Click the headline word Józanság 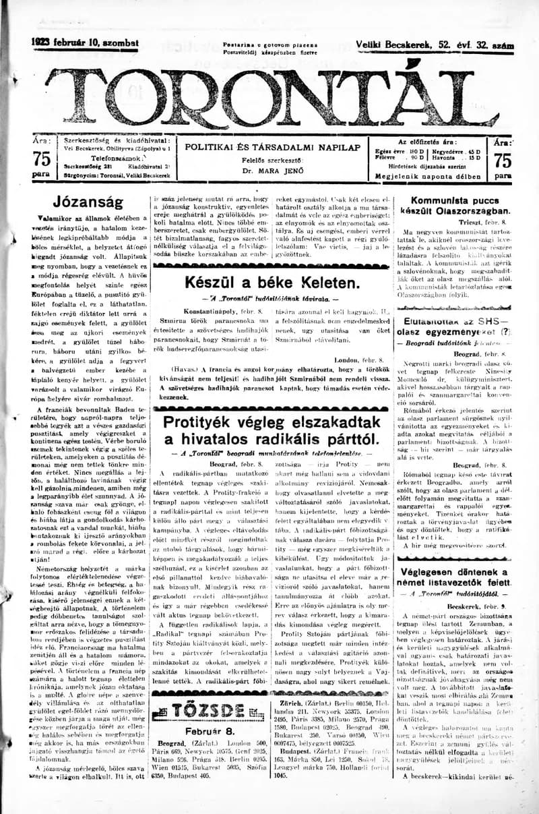(88, 202)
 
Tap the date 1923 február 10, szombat (85, 43)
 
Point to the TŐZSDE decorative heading (199, 710)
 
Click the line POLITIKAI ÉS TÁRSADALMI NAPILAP (272, 146)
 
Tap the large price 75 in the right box (502, 160)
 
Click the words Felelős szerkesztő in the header (272, 160)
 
